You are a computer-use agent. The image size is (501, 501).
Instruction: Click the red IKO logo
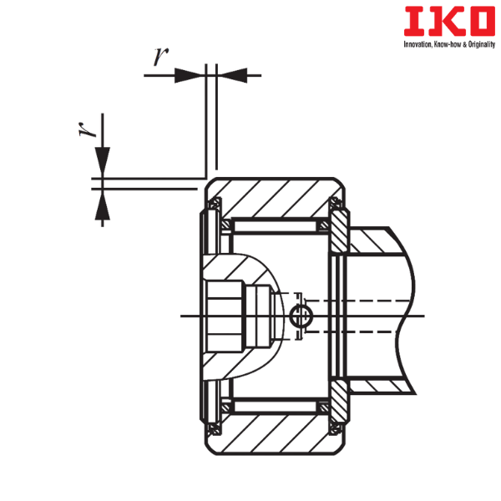(x=449, y=21)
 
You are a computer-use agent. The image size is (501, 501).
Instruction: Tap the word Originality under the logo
(x=482, y=45)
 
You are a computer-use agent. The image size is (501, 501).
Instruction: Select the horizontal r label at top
(x=160, y=57)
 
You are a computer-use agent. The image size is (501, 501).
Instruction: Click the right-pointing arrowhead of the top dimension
(x=190, y=75)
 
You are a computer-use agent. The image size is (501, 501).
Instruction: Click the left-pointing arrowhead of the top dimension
(x=233, y=75)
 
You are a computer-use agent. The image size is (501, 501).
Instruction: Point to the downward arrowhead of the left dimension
(x=102, y=162)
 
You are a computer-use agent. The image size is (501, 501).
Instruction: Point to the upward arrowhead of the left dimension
(x=102, y=205)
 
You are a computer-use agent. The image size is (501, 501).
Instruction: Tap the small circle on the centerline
(x=301, y=316)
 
